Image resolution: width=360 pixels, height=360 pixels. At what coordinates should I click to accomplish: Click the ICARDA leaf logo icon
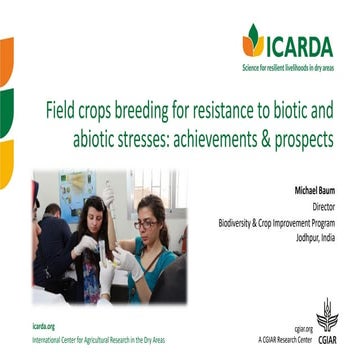(x=253, y=40)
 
